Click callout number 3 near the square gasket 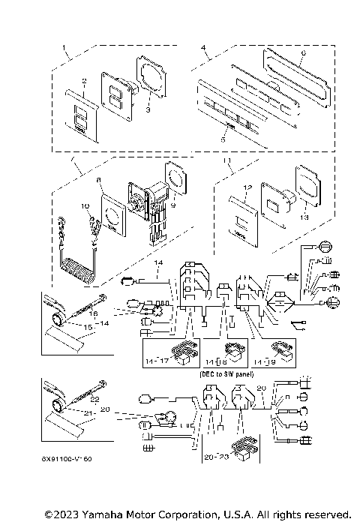pyautogui.click(x=148, y=109)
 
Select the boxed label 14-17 pyautogui.click(x=157, y=361)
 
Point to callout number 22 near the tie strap pyautogui.click(x=94, y=400)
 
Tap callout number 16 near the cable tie pyautogui.click(x=94, y=314)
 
